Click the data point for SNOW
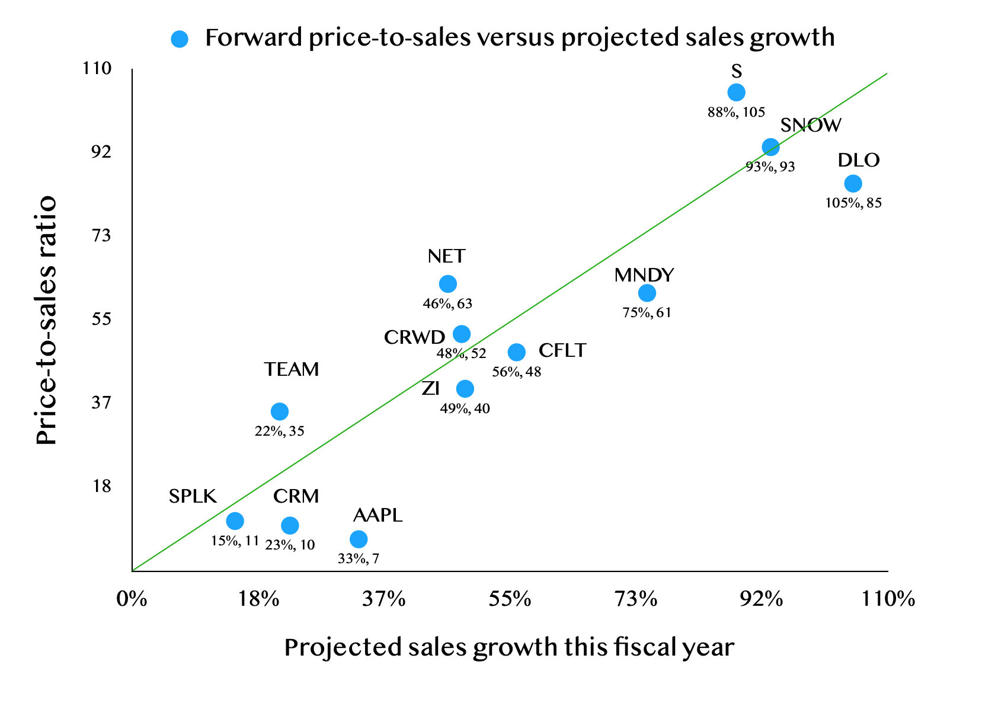pyautogui.click(x=770, y=148)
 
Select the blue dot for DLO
pyautogui.click(x=853, y=184)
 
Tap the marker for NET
pyautogui.click(x=448, y=284)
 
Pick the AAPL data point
pyautogui.click(x=359, y=539)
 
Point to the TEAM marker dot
pyautogui.click(x=280, y=411)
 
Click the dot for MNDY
pyautogui.click(x=647, y=293)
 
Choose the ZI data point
pyautogui.click(x=465, y=389)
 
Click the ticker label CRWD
pyautogui.click(x=414, y=337)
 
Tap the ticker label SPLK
pyautogui.click(x=193, y=496)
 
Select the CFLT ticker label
pyautogui.click(x=562, y=351)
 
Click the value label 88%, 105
pyautogui.click(x=736, y=112)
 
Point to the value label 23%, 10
pyautogui.click(x=290, y=545)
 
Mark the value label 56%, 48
pyautogui.click(x=516, y=372)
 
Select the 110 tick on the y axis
pyautogui.click(x=98, y=69)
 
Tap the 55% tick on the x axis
pyautogui.click(x=510, y=599)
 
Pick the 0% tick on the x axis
pyautogui.click(x=132, y=599)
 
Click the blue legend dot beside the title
pyautogui.click(x=179, y=39)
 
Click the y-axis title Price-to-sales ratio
pyautogui.click(x=47, y=320)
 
